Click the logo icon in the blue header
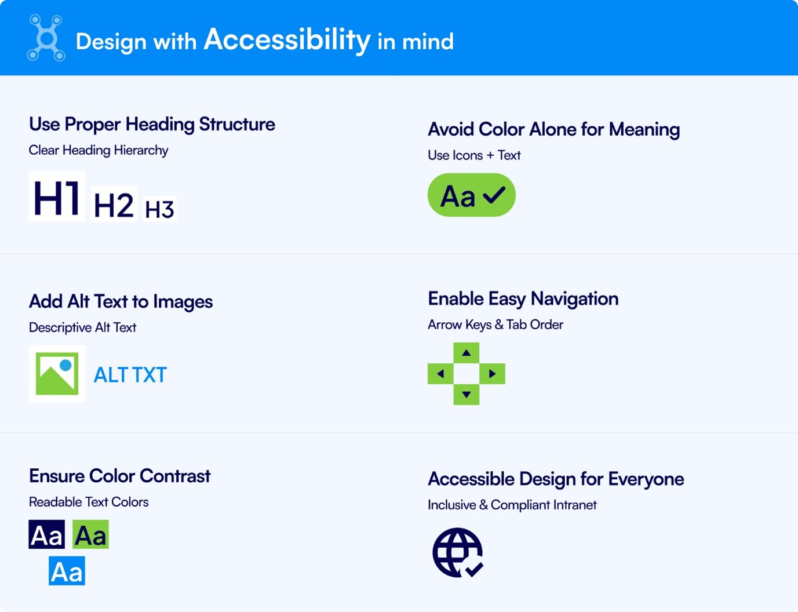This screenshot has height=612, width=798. click(x=46, y=38)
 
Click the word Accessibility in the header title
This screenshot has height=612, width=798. click(x=287, y=39)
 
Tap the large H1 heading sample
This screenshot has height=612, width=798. click(x=57, y=197)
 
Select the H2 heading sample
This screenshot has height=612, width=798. click(x=114, y=205)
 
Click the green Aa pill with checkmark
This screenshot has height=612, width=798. click(x=471, y=195)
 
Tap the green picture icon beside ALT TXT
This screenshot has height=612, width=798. click(x=57, y=374)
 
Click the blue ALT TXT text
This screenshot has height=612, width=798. click(x=130, y=375)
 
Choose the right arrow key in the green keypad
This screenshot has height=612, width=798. click(x=492, y=374)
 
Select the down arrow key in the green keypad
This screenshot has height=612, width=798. click(x=466, y=395)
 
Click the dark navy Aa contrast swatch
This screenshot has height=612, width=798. click(x=47, y=534)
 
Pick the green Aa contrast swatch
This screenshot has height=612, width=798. click(x=90, y=534)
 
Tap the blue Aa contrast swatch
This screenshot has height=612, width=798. click(x=67, y=571)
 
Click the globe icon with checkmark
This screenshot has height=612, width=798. click(x=458, y=552)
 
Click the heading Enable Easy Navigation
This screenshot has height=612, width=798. click(x=523, y=298)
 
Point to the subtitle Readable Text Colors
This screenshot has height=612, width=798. click(x=89, y=502)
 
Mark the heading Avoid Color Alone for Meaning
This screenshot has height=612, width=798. click(x=553, y=129)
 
